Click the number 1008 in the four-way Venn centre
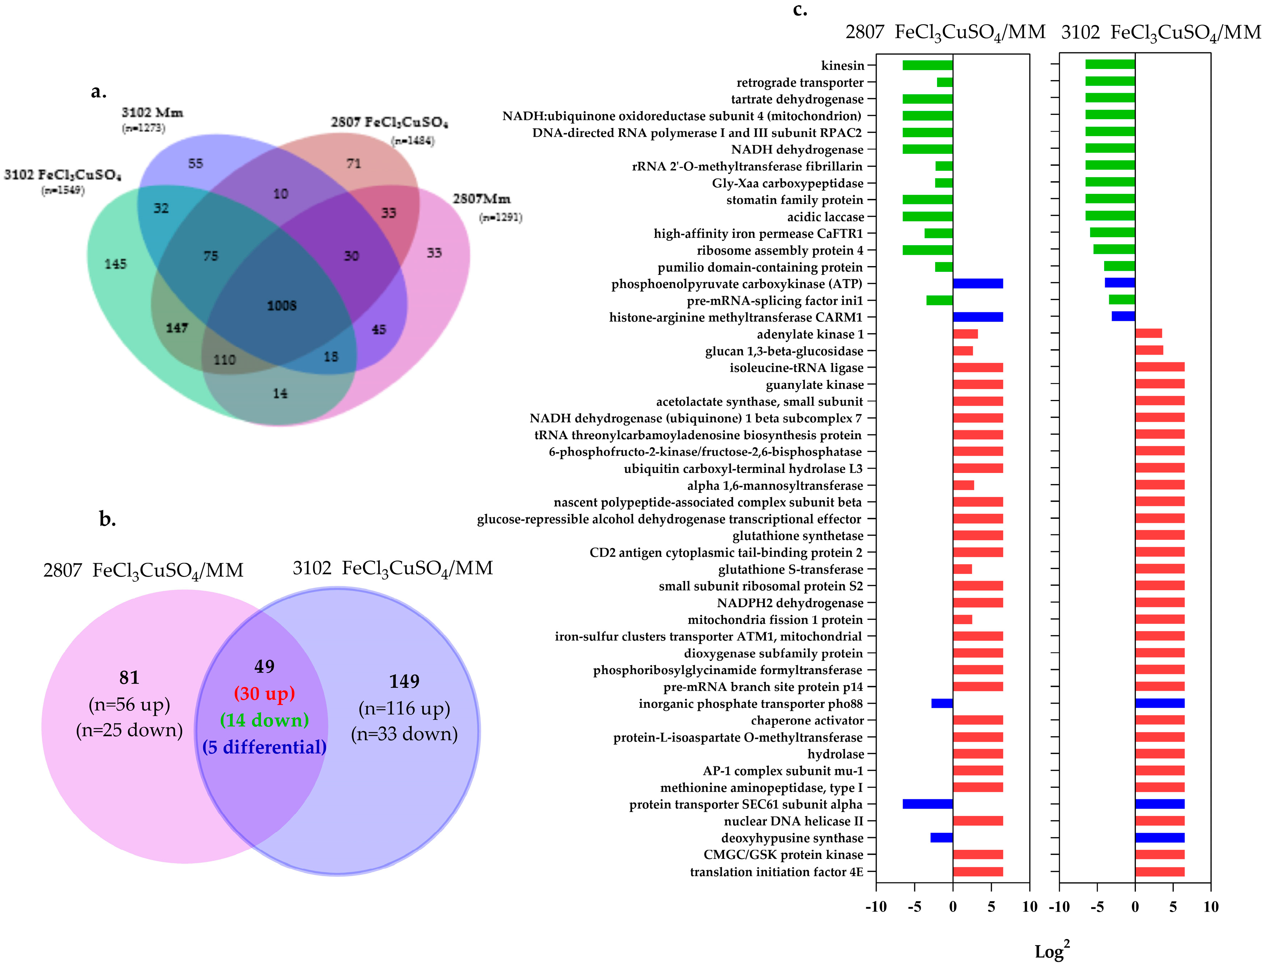[x=282, y=306]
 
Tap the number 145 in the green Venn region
[x=115, y=264]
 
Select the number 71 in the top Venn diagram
[x=353, y=164]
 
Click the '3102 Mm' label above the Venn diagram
[x=152, y=113]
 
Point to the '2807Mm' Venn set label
[x=481, y=199]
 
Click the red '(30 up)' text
[x=264, y=693]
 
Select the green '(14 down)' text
[x=264, y=720]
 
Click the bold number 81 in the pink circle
[x=129, y=678]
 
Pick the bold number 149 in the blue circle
[x=404, y=682]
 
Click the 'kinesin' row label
[x=842, y=66]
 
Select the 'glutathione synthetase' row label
[x=798, y=536]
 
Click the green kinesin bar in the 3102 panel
[x=1110, y=65]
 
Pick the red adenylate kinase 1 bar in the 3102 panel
[x=1148, y=333]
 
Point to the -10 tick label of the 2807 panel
[x=876, y=907]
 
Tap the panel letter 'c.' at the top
[x=800, y=10]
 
